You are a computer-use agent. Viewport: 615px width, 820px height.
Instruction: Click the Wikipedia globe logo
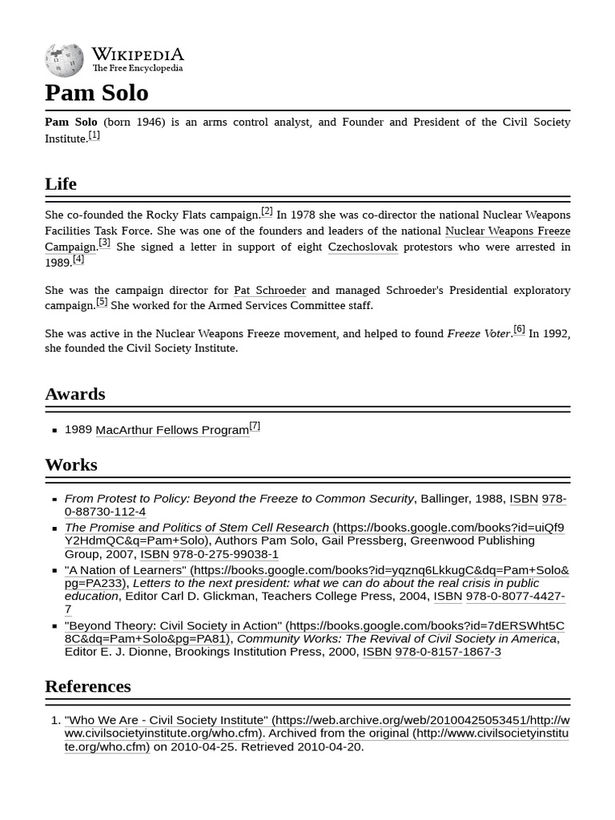(x=64, y=60)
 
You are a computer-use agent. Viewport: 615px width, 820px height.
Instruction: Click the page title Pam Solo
(x=97, y=93)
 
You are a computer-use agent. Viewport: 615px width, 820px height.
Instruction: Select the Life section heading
(x=61, y=183)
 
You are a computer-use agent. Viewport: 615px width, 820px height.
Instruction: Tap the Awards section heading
(x=74, y=394)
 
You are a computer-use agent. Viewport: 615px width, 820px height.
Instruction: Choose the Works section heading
(x=70, y=464)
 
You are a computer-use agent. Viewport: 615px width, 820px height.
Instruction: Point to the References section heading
(x=87, y=686)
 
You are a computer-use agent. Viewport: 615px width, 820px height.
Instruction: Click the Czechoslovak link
(x=362, y=247)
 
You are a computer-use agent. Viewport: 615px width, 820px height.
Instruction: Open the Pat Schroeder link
(x=269, y=290)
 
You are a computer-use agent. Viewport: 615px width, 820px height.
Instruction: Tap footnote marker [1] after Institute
(x=94, y=135)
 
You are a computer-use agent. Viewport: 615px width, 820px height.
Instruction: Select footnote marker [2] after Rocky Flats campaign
(x=267, y=211)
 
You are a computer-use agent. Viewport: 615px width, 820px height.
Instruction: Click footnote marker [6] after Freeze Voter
(x=519, y=330)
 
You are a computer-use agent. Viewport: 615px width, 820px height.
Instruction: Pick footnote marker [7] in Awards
(x=255, y=426)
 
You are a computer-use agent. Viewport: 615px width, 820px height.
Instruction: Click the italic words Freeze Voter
(x=478, y=333)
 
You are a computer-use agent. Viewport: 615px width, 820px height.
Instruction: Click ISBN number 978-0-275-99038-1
(x=225, y=554)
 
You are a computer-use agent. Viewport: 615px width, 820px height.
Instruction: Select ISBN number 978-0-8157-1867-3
(x=448, y=652)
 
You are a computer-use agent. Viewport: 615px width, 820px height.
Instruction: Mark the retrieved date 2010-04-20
(x=330, y=746)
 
